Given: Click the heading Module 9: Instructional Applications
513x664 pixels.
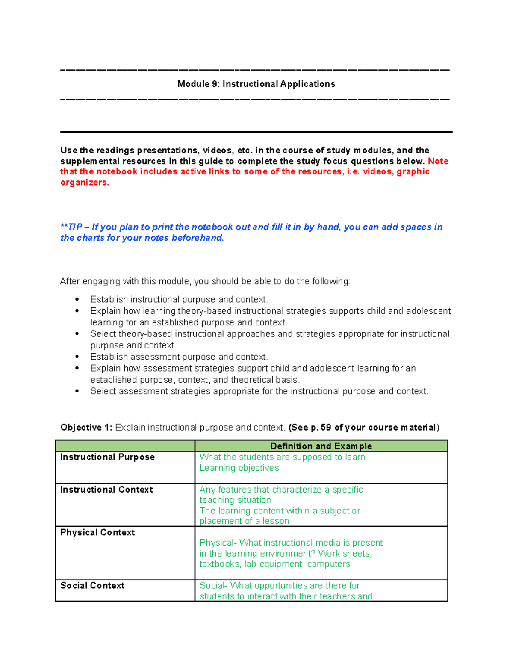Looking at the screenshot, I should [x=256, y=84].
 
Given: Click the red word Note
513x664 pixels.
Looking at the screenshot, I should [x=438, y=161].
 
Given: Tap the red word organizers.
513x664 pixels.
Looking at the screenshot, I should [x=85, y=183].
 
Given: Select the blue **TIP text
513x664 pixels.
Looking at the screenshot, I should [x=71, y=227].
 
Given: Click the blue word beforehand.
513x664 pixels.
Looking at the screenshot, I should [x=198, y=238].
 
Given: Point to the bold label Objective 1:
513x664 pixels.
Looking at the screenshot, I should [x=86, y=428].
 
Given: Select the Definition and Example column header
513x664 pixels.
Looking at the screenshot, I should [x=321, y=446].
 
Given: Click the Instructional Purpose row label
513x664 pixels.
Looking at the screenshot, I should [x=107, y=457].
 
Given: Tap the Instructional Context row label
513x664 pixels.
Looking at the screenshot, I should [x=106, y=490].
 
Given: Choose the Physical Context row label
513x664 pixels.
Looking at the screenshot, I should [x=97, y=532].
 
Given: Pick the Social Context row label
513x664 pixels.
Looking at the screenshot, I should [x=92, y=586].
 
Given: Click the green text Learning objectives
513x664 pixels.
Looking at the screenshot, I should [x=239, y=468].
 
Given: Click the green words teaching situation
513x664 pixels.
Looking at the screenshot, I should [x=235, y=500].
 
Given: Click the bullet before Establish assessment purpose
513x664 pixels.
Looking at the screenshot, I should [x=77, y=357].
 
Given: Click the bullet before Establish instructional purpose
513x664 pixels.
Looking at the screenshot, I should [x=77, y=299].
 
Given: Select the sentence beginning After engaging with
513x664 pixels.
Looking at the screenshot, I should [x=205, y=281].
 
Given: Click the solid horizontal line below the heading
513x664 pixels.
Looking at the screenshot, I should [x=256, y=132].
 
